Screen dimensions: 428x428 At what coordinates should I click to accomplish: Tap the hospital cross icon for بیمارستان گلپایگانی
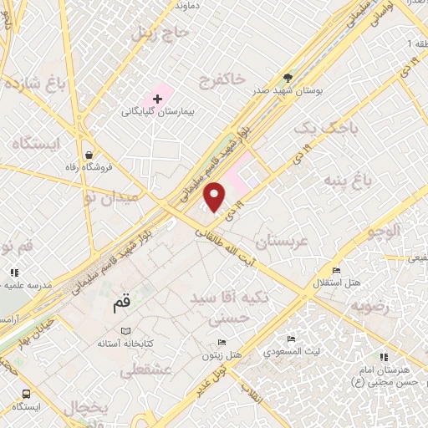[x=158, y=99]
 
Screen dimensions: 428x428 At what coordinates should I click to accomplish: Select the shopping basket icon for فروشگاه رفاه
[x=89, y=154]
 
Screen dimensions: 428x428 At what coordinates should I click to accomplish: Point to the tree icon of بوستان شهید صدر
[x=288, y=73]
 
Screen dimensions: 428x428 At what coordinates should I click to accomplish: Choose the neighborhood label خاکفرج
[x=222, y=80]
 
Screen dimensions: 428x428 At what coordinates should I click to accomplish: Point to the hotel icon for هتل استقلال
[x=336, y=270]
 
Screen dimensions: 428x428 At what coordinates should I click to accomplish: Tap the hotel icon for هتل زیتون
[x=222, y=342]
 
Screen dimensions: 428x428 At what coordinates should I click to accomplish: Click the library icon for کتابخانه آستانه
[x=126, y=331]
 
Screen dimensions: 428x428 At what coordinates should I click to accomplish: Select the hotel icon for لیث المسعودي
[x=291, y=339]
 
